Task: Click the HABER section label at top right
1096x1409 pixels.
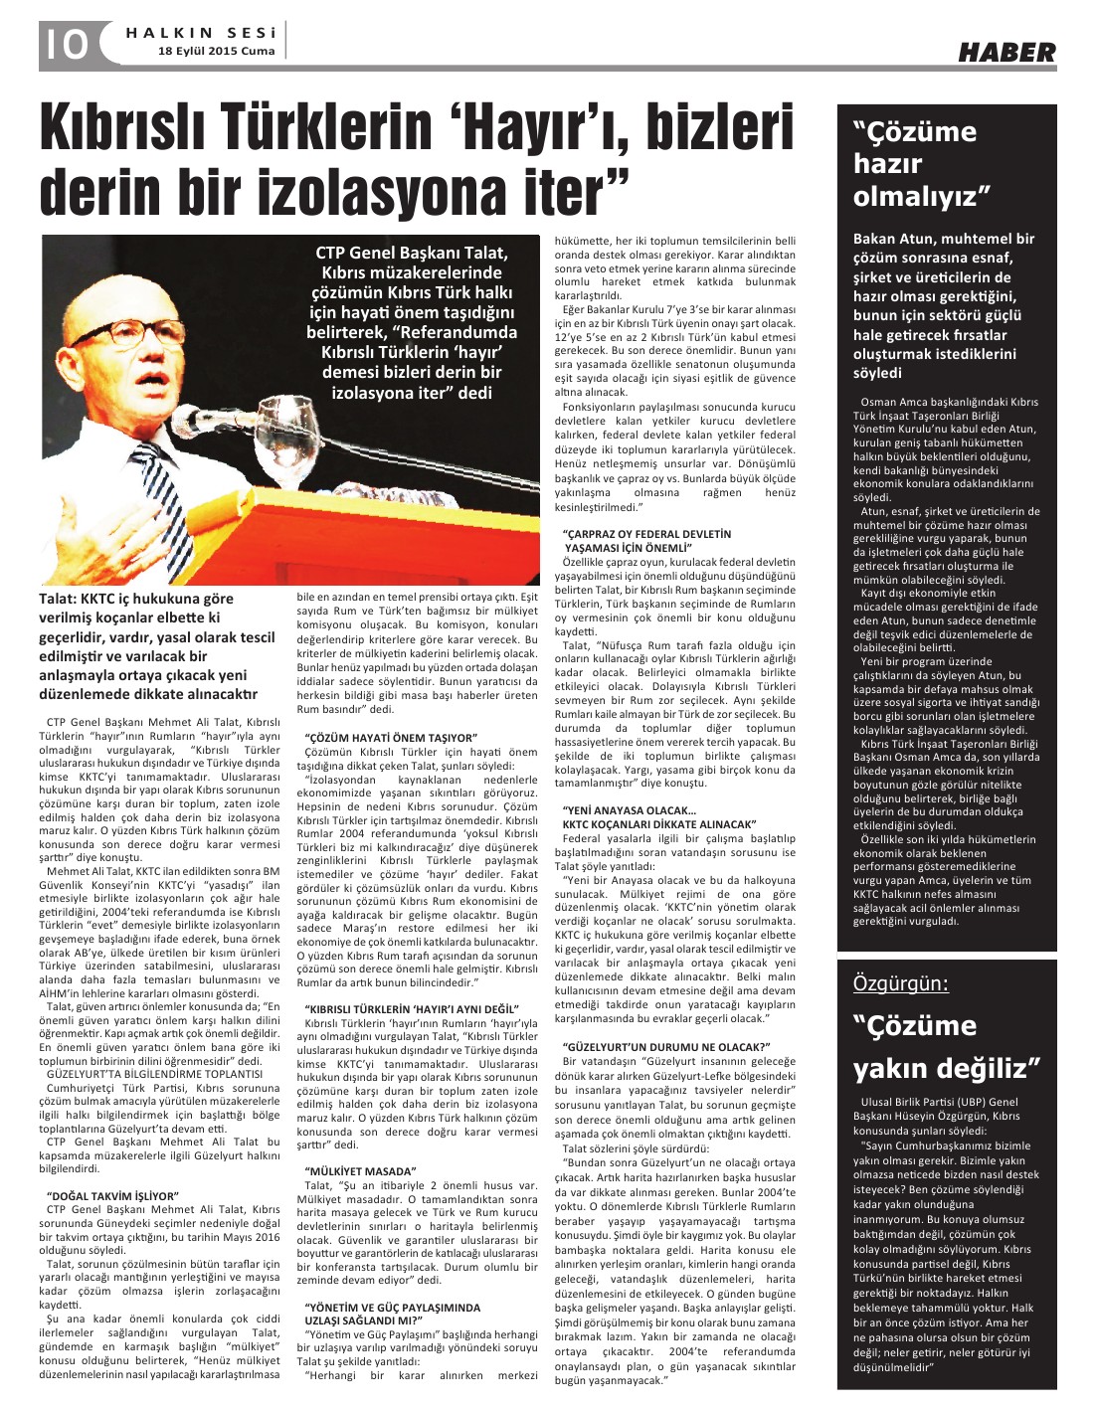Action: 1006,53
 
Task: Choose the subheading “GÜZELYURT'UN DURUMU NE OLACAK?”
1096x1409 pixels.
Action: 667,1047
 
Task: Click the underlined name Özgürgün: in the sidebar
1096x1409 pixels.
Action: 900,983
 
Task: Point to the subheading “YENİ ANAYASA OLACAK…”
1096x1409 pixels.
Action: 629,809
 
